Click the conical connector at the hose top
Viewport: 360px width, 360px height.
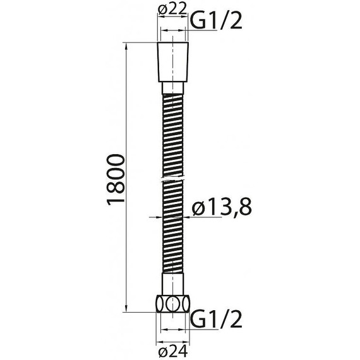172,63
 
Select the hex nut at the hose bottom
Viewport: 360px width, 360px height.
172,304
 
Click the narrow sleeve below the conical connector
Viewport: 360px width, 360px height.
172,88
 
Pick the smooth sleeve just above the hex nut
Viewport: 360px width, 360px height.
172,283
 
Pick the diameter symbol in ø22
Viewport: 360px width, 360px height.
160,9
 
